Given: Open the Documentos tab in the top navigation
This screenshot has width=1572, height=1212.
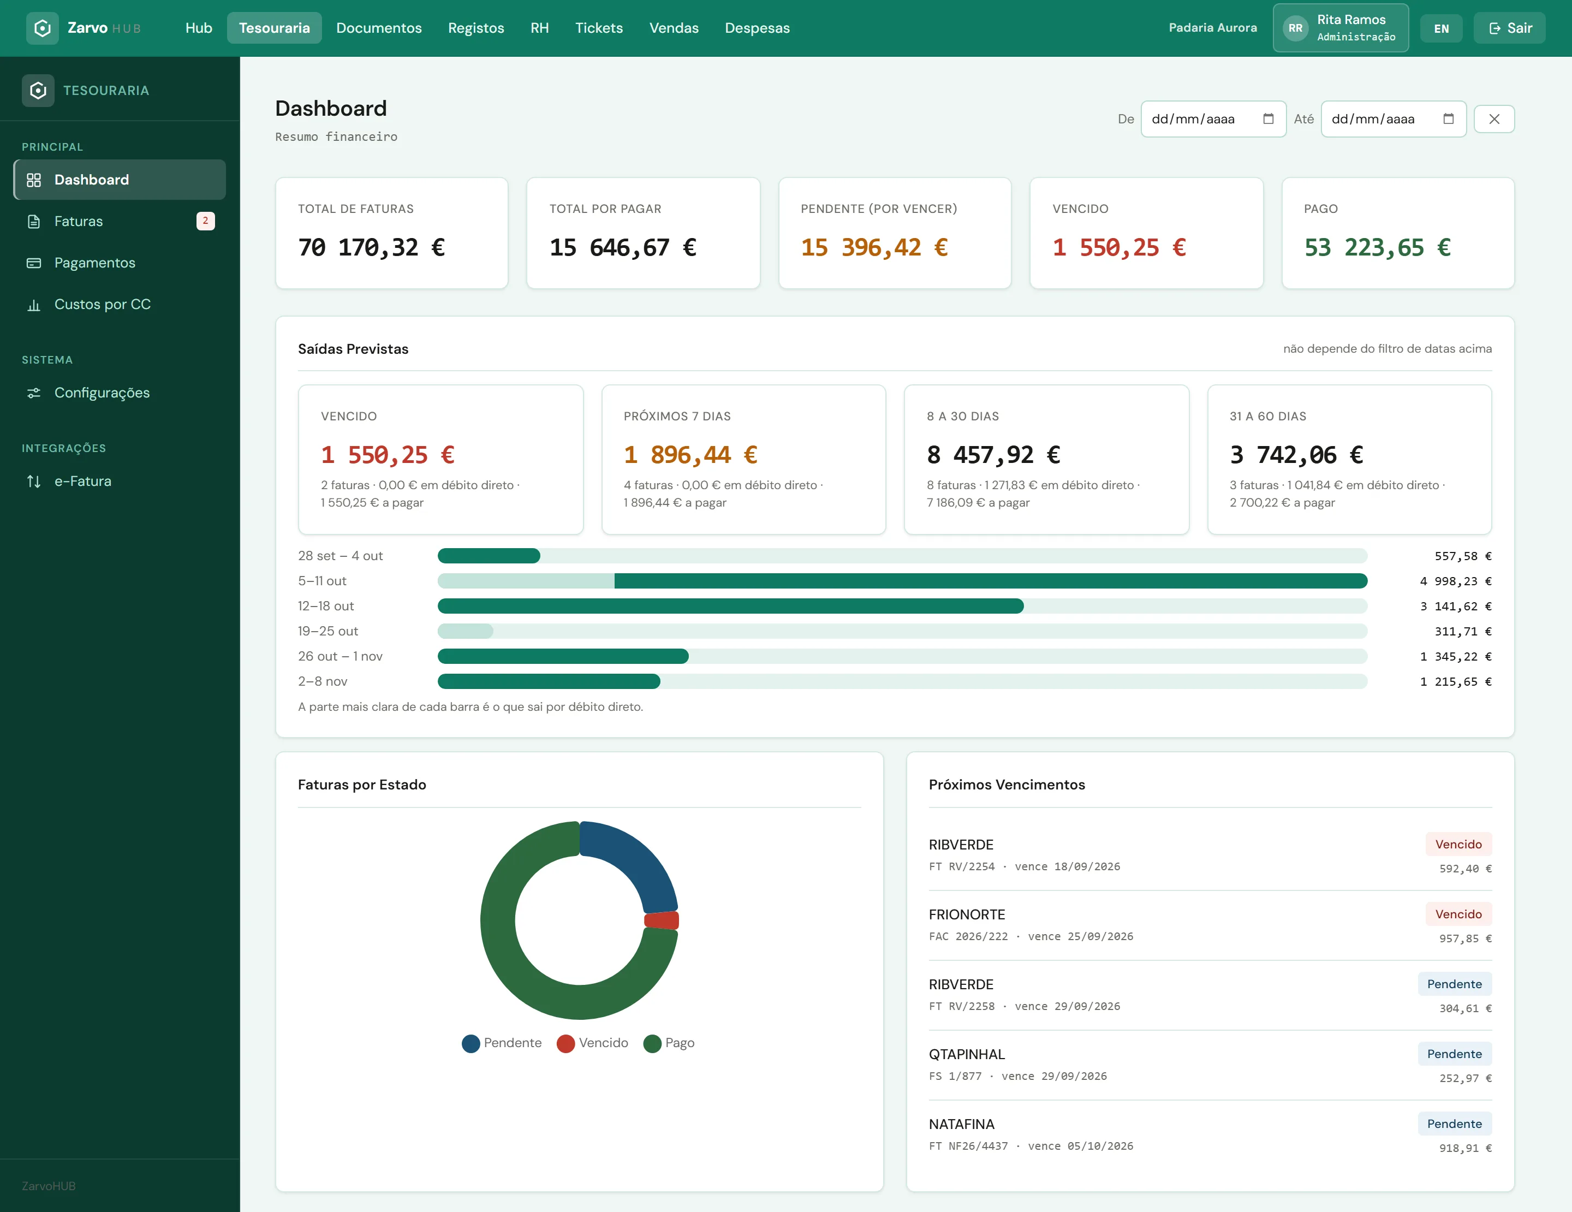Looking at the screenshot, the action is tap(379, 28).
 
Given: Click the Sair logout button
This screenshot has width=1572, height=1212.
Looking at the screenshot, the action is tap(1509, 28).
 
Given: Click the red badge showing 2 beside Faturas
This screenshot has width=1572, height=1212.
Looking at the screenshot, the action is tap(205, 221).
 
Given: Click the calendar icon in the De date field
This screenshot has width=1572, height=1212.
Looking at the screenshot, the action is tap(1269, 119).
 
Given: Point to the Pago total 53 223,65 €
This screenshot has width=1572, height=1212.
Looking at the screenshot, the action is tap(1377, 247).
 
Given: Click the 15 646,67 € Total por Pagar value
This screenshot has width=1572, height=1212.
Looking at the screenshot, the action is tap(623, 247).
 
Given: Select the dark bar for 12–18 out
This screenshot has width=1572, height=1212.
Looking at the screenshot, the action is tap(730, 606).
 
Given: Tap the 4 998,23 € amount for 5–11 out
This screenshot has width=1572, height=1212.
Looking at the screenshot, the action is tap(1455, 581).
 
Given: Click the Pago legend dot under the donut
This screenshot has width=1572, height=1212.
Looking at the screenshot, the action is tap(652, 1044).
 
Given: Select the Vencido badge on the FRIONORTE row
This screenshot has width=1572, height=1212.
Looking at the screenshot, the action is tap(1458, 914).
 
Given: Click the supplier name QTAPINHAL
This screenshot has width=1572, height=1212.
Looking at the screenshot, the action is tap(967, 1054).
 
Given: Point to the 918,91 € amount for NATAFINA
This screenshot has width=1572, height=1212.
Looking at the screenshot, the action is tap(1466, 1149).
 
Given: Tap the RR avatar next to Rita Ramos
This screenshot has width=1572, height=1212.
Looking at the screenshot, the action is tap(1296, 28).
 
